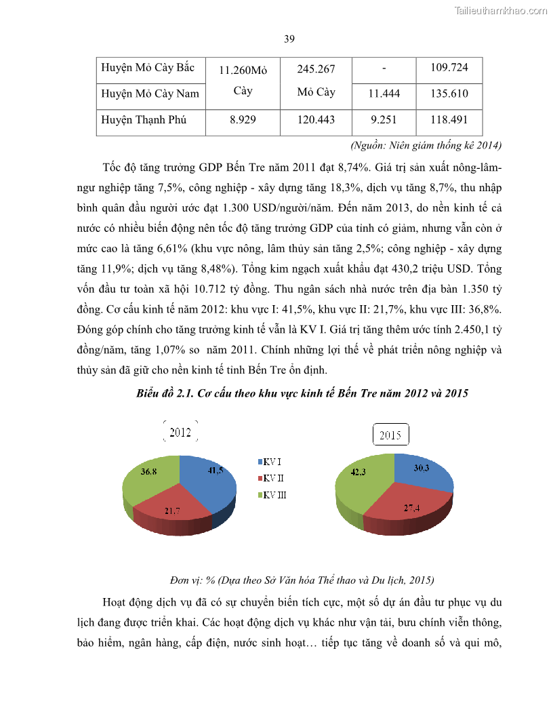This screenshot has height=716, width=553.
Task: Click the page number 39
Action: coord(289,39)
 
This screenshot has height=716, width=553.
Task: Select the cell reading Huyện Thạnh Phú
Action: coord(144,120)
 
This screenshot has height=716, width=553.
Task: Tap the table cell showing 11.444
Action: coord(384,94)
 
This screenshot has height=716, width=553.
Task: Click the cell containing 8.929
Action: coord(243,120)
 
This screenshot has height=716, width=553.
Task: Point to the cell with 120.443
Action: coord(316,120)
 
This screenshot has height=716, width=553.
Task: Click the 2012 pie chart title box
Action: coord(180,433)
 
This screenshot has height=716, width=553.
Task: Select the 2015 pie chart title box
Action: coord(390,435)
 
